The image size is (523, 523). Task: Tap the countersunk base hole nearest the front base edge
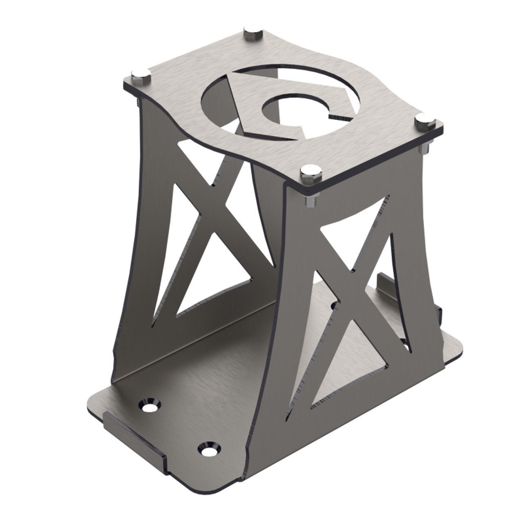[209, 450]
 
